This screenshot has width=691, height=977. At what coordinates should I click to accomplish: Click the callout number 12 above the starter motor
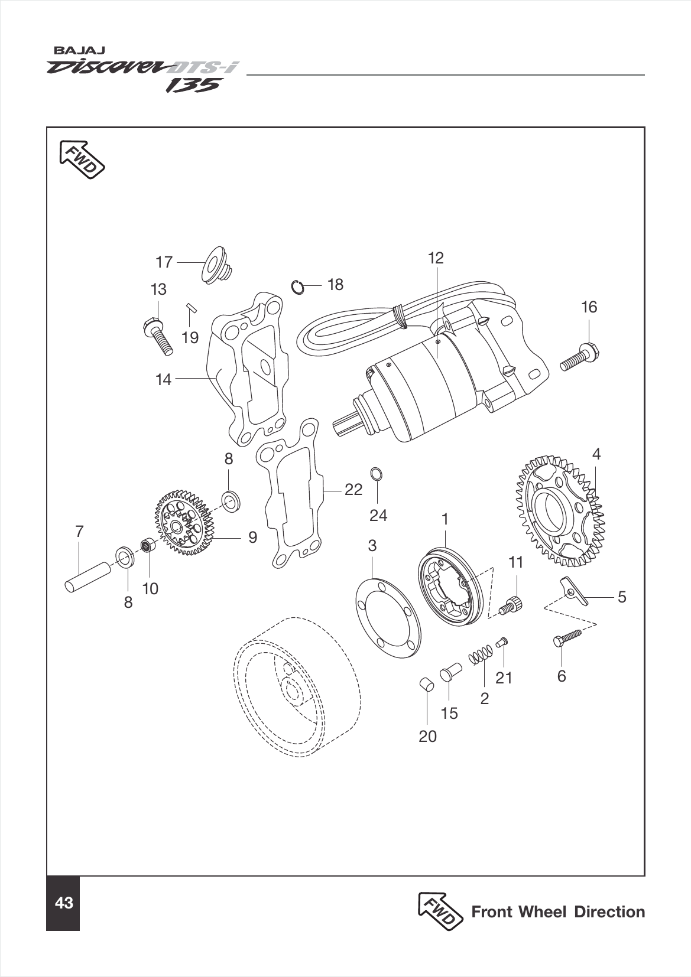tap(436, 258)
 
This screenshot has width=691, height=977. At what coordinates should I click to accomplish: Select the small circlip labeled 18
tap(298, 287)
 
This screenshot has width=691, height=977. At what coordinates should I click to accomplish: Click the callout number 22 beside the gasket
tap(353, 490)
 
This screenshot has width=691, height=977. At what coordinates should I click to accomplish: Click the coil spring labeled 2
tap(481, 655)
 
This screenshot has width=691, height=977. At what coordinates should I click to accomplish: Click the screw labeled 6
tap(568, 638)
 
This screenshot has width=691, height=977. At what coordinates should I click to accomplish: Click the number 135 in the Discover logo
tap(192, 86)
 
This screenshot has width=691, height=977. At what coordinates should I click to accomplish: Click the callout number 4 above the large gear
tap(596, 454)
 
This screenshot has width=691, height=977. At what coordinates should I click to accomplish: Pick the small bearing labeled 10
tap(148, 545)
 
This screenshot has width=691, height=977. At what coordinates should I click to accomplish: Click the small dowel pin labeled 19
tap(190, 307)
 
